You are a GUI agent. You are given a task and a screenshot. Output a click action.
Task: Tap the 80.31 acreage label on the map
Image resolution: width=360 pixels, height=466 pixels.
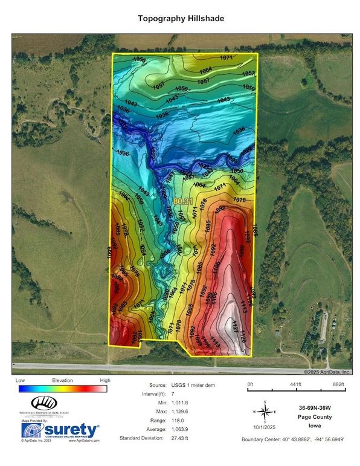click(183, 200)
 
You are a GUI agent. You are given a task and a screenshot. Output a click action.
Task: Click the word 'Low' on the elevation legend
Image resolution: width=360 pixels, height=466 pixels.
click(20, 381)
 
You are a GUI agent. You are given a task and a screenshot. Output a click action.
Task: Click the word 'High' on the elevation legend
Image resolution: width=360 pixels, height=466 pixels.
click(104, 381)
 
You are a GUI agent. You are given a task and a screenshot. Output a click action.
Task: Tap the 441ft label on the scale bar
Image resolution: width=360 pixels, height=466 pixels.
click(295, 384)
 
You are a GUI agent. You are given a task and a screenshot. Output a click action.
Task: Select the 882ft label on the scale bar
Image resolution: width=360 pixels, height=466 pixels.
click(341, 384)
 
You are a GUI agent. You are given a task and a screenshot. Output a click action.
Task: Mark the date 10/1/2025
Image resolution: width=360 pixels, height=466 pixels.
click(264, 429)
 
